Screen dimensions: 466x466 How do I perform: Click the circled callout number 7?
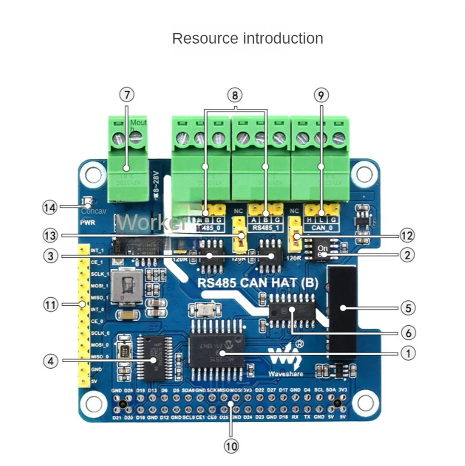(x=126, y=95)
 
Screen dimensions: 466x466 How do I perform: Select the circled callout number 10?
(x=231, y=446)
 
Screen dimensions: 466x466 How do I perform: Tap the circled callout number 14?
(x=50, y=207)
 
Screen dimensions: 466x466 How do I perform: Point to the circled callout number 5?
(x=407, y=308)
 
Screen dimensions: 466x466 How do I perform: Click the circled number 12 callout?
(x=407, y=236)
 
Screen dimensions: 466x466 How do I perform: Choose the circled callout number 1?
(x=407, y=353)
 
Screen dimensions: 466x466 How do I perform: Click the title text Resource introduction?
(x=247, y=38)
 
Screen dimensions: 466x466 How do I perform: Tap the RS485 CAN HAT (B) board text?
(x=258, y=283)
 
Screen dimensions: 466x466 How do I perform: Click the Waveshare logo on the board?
(x=285, y=361)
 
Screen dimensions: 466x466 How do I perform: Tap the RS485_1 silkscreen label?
(x=264, y=228)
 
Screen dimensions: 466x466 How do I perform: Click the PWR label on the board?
(x=88, y=223)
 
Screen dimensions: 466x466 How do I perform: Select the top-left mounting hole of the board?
(x=92, y=174)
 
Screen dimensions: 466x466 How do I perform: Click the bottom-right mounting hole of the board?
(x=365, y=402)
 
